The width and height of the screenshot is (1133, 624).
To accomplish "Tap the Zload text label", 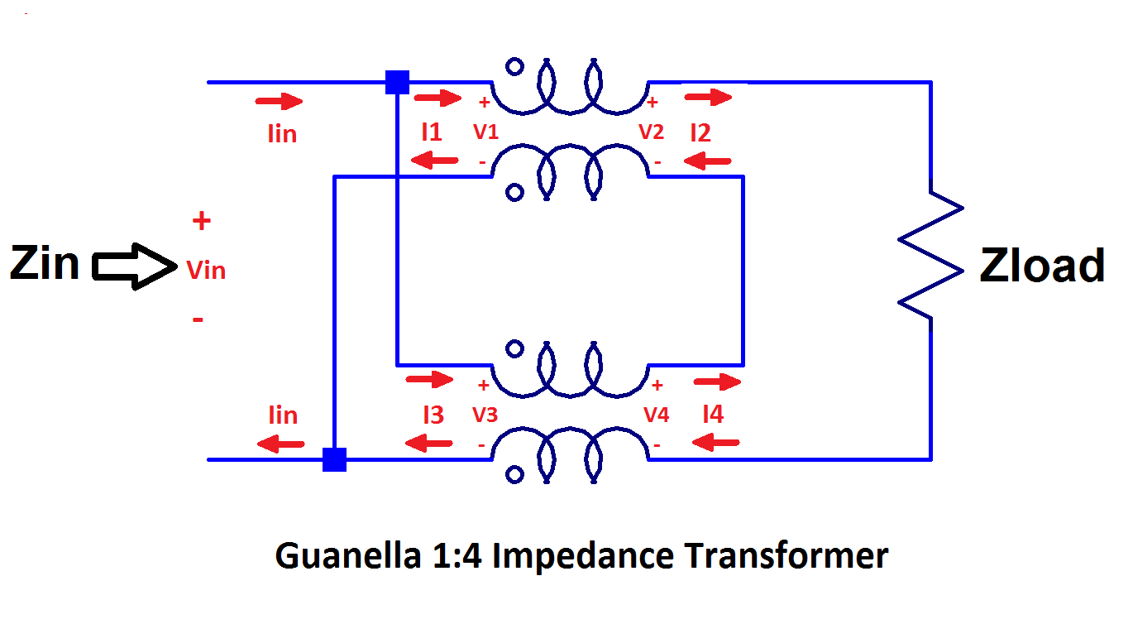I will tap(1042, 266).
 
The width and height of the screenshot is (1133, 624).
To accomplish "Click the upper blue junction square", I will tap(398, 82).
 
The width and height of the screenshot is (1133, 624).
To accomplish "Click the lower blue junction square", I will tap(334, 459).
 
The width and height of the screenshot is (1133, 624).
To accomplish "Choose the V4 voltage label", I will tap(656, 415).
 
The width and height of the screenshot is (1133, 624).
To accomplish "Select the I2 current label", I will tap(700, 132).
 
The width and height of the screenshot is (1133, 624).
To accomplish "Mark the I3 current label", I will tap(433, 415).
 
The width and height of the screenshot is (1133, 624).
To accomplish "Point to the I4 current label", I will tap(712, 415).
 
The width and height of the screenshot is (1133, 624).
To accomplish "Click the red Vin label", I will tap(206, 270).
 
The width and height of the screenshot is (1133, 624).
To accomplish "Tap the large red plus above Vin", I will tap(201, 221).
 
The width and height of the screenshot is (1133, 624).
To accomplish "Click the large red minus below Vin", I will tap(198, 319).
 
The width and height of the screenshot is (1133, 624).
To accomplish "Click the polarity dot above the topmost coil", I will tap(514, 67).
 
